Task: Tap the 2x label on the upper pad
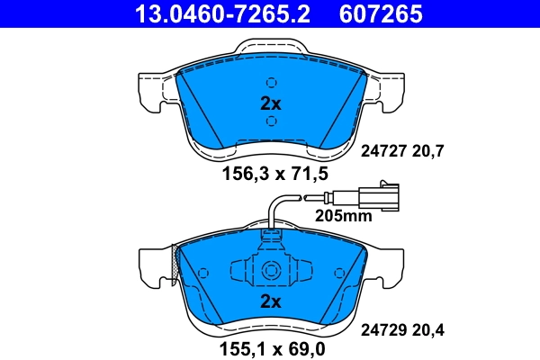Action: click(271, 103)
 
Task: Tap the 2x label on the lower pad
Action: click(271, 301)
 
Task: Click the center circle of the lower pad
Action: click(271, 268)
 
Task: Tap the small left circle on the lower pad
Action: click(203, 271)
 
